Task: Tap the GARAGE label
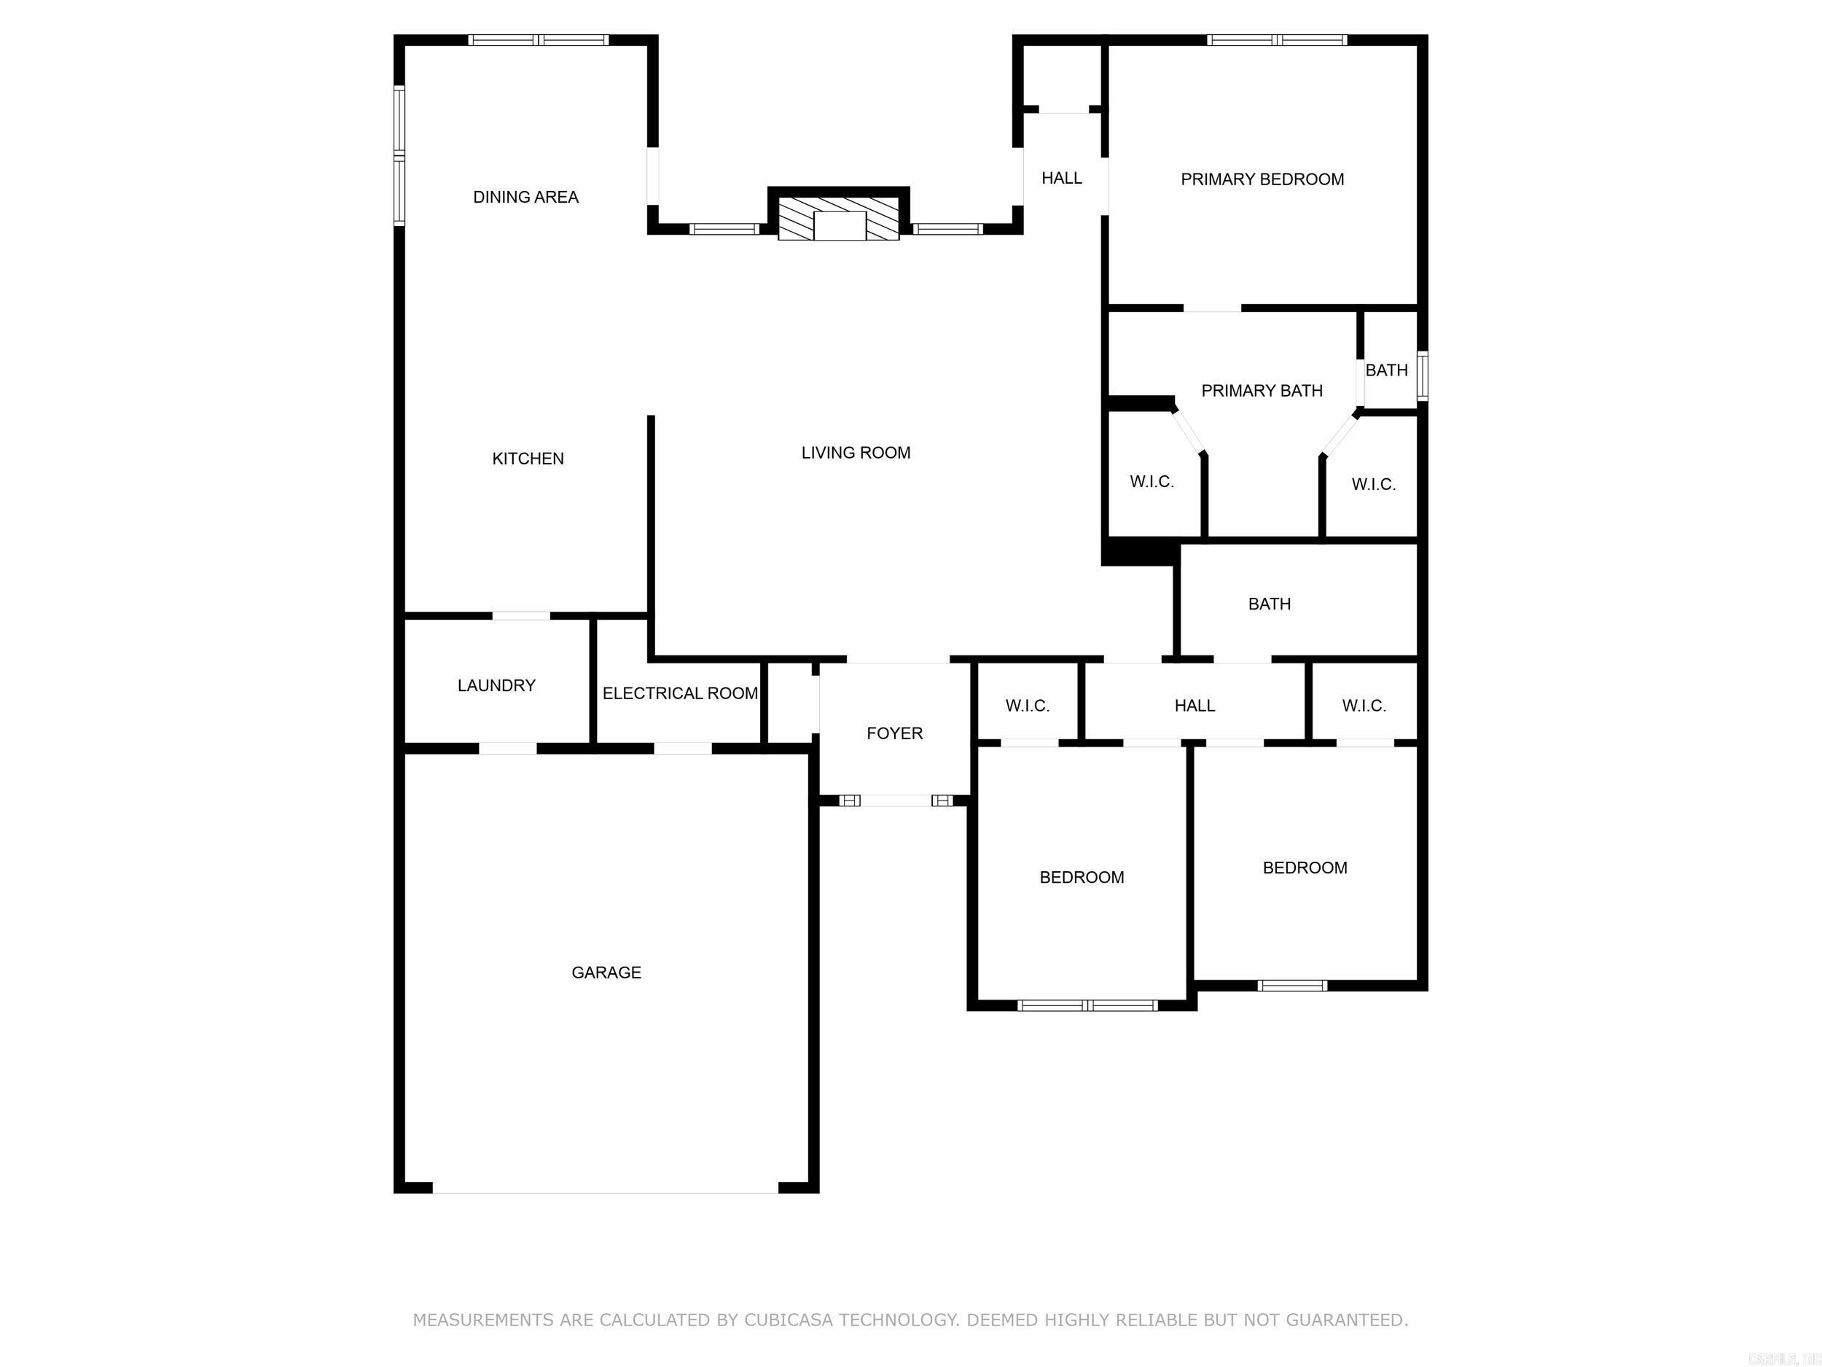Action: click(x=606, y=973)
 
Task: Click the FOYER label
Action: click(x=894, y=733)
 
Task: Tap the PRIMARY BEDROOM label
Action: click(x=1262, y=179)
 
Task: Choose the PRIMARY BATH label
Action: click(x=1262, y=391)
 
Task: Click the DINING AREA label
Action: click(x=525, y=197)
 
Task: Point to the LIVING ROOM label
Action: click(x=856, y=452)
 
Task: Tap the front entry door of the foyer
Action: click(x=896, y=800)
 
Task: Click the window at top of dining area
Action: click(x=539, y=39)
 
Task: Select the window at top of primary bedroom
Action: click(x=1277, y=39)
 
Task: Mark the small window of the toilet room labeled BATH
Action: click(x=1423, y=375)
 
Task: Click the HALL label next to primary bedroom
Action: click(x=1062, y=178)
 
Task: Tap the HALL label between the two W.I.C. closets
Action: click(x=1195, y=705)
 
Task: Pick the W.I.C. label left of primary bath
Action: click(x=1152, y=481)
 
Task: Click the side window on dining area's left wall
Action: click(x=399, y=155)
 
